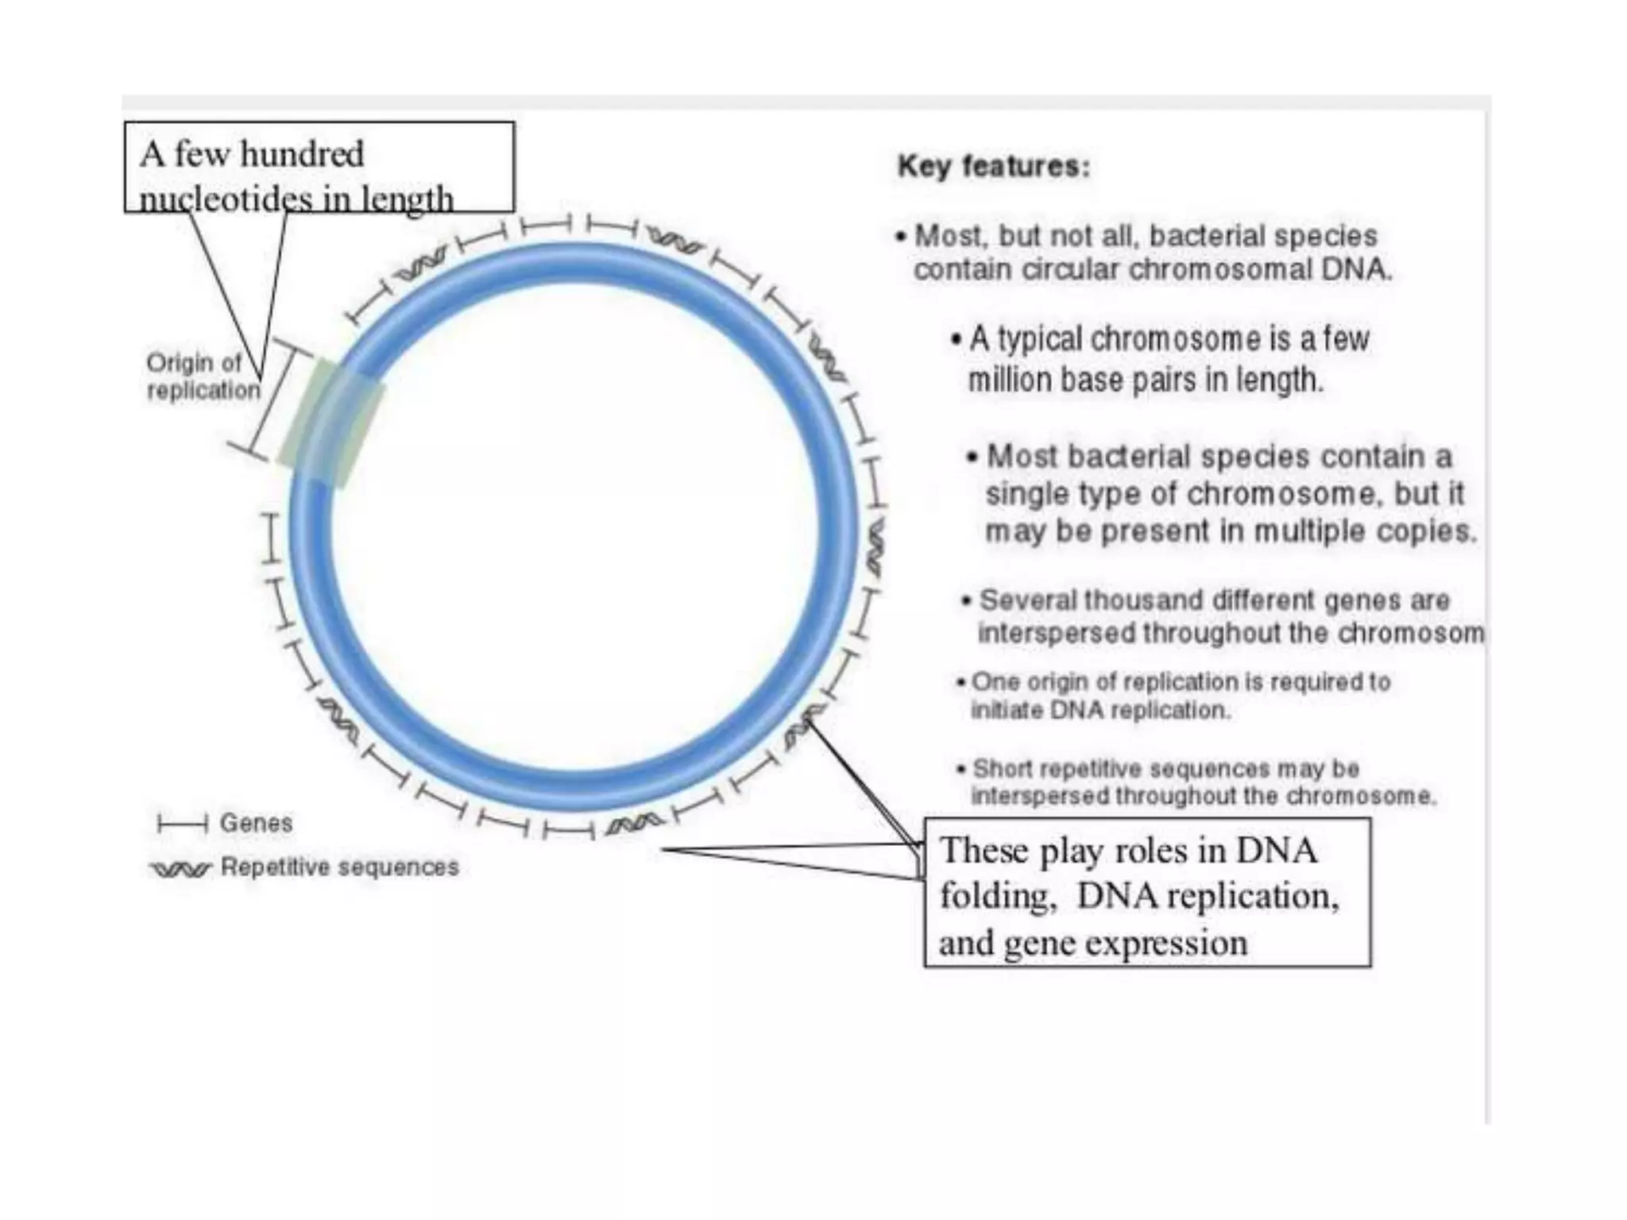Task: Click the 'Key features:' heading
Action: click(x=993, y=167)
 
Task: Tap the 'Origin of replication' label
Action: click(x=203, y=376)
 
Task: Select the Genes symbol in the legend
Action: click(x=182, y=824)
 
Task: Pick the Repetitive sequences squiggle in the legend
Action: click(x=181, y=869)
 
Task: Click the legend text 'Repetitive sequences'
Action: click(x=339, y=867)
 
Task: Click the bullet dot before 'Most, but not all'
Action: click(x=900, y=237)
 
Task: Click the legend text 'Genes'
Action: click(x=256, y=823)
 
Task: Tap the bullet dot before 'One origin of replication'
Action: click(x=961, y=682)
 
